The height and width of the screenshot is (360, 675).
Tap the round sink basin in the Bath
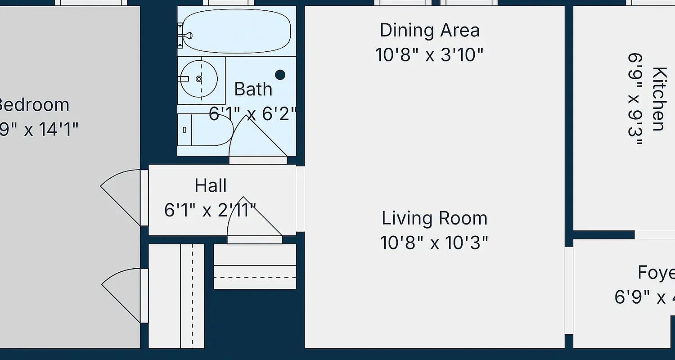(x=199, y=79)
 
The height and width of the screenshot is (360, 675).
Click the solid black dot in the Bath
(x=280, y=75)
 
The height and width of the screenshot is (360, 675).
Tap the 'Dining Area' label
(x=429, y=31)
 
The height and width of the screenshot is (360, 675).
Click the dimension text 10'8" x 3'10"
(x=429, y=55)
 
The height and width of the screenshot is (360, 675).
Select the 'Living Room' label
(x=434, y=219)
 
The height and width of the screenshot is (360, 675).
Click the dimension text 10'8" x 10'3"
(x=434, y=243)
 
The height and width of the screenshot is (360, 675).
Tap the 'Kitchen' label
(x=659, y=99)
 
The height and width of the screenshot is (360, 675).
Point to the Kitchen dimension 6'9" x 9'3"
(x=634, y=99)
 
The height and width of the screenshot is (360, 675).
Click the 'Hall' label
(x=211, y=185)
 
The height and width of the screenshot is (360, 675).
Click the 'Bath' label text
(x=253, y=89)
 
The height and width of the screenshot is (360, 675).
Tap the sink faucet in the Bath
(x=184, y=79)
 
